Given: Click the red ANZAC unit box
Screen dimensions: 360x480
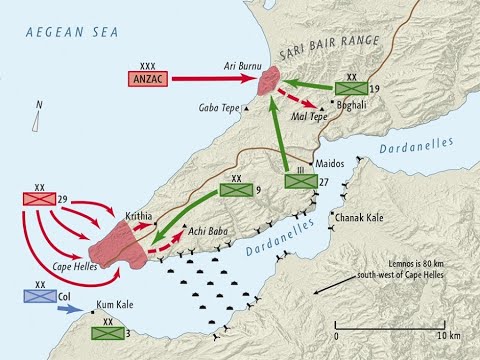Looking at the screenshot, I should click(x=146, y=78).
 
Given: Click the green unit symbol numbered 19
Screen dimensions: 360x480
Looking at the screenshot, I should click(x=351, y=88).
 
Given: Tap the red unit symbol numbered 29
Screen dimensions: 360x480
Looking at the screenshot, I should click(x=39, y=199).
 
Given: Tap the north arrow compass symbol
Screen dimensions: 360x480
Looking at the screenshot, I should click(x=35, y=121).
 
